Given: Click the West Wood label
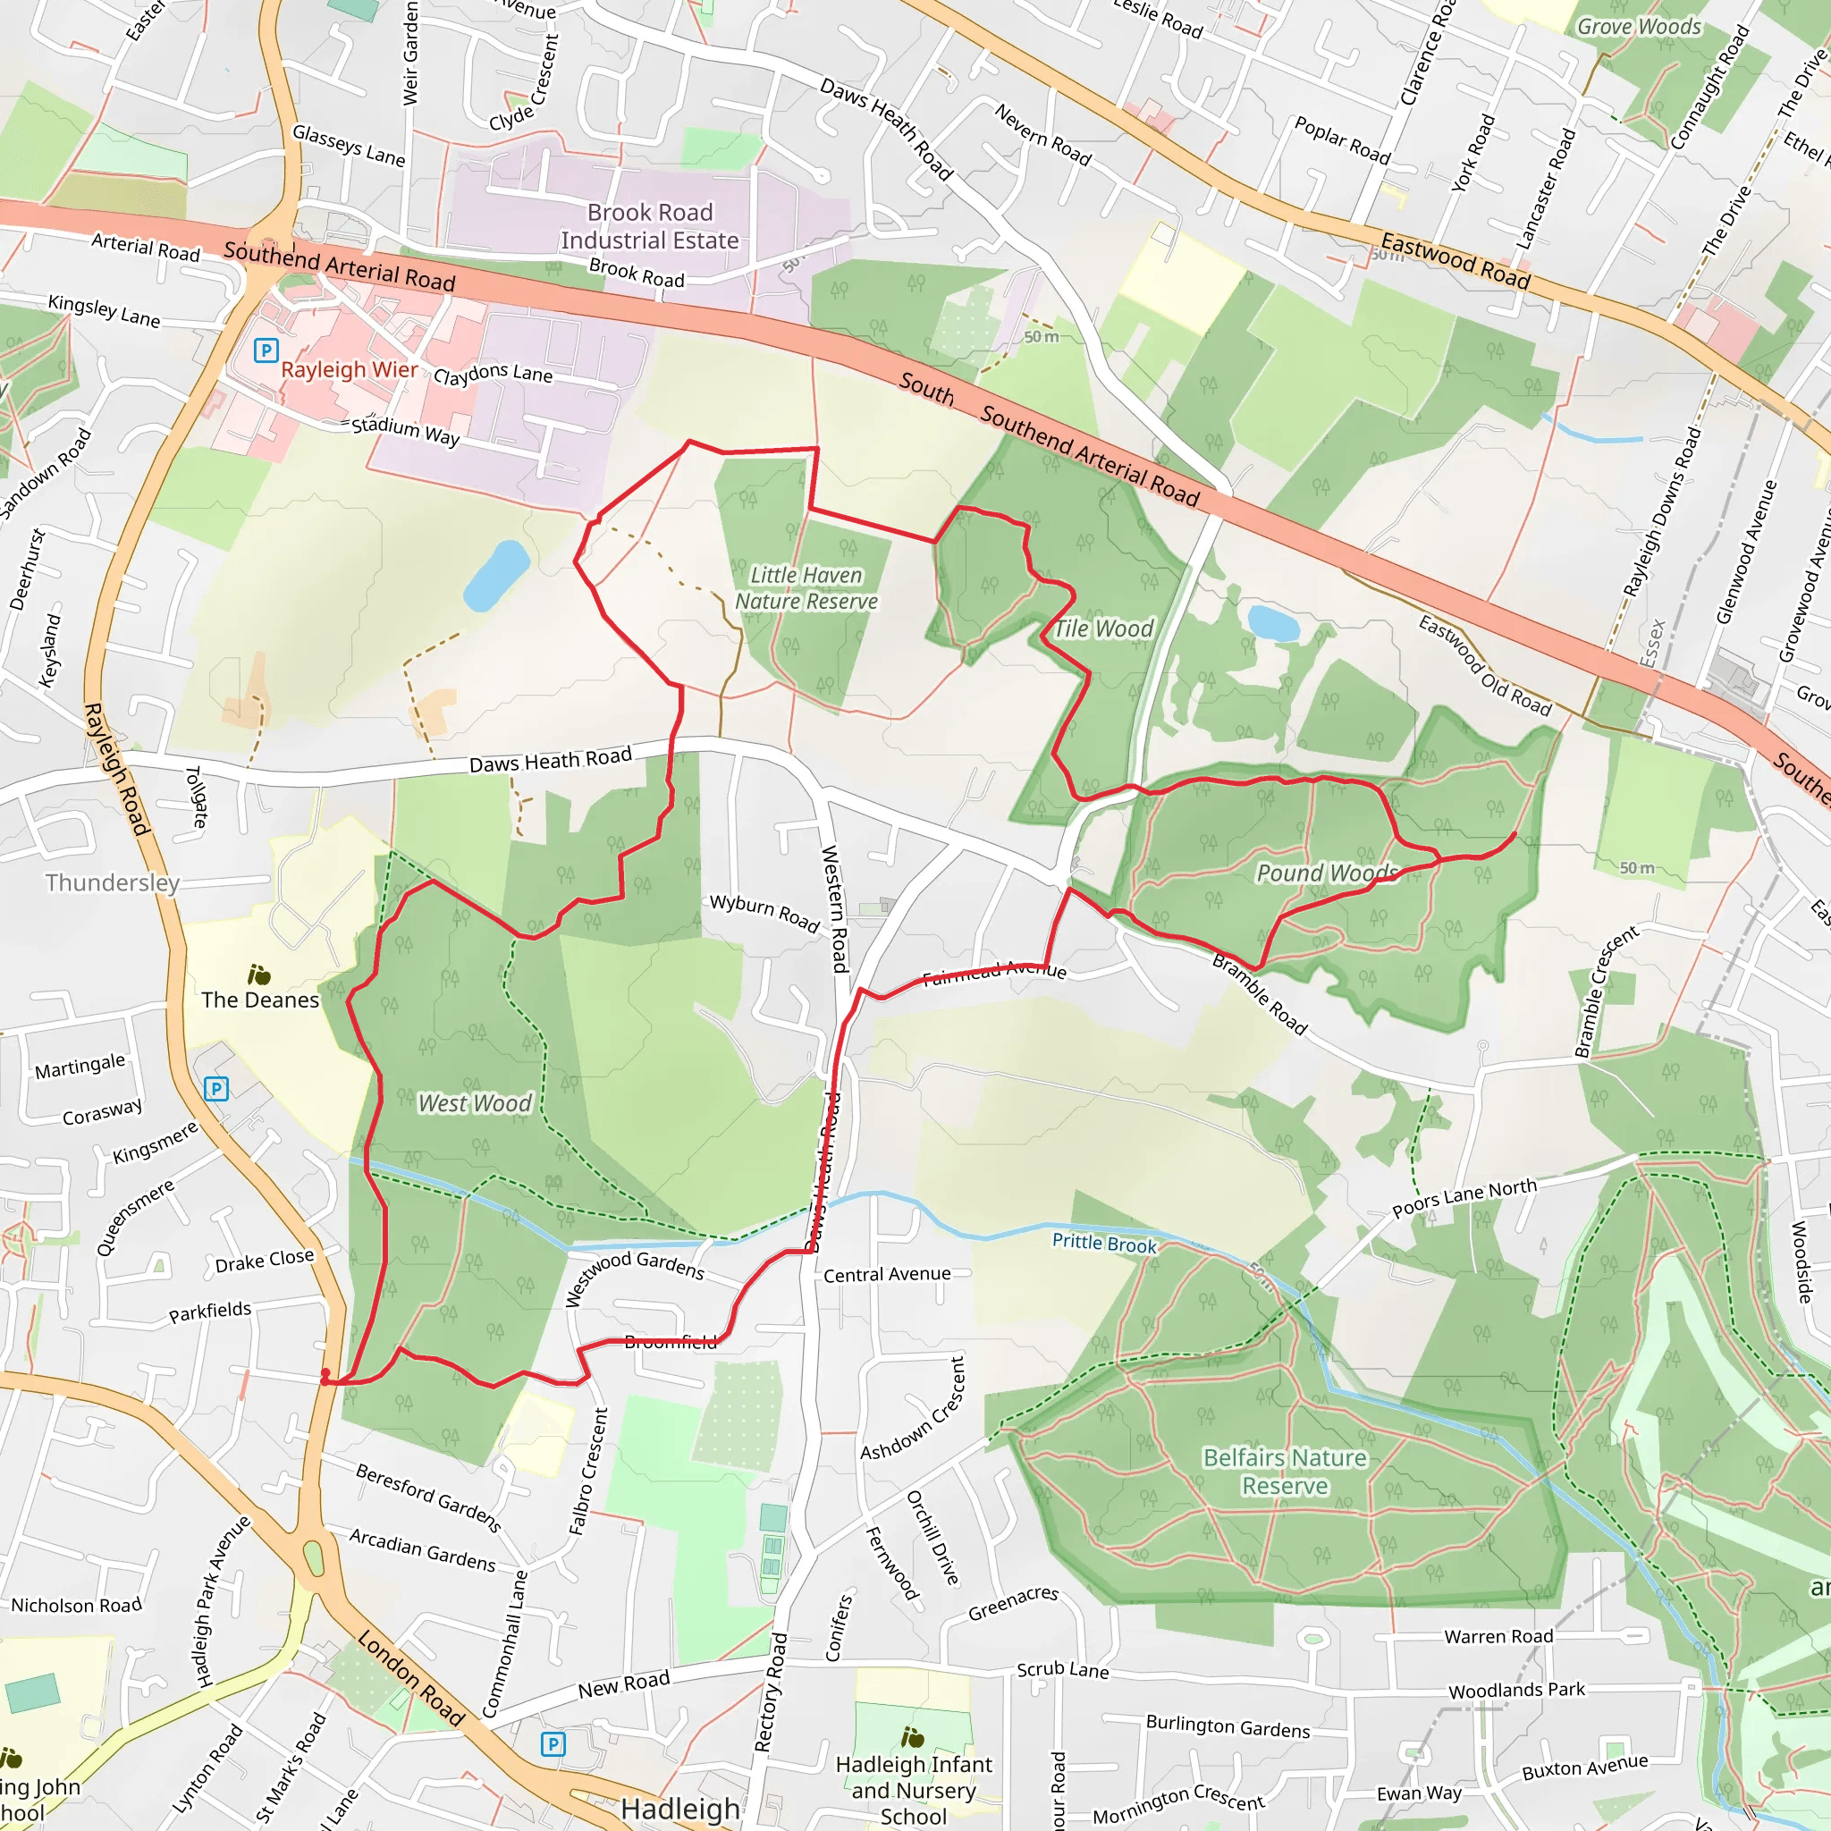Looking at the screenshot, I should [475, 1103].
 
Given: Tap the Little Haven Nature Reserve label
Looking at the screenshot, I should [806, 588].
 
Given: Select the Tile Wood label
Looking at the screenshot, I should [1104, 629].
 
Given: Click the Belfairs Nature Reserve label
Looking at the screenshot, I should [1285, 1471].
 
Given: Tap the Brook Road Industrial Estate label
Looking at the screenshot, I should [649, 226].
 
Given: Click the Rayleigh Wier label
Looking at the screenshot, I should [349, 369].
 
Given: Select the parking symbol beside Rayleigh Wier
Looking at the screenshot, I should [266, 350].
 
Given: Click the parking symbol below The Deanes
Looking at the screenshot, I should [216, 1089].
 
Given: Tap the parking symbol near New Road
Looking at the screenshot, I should [553, 1743].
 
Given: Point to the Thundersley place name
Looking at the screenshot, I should [113, 883].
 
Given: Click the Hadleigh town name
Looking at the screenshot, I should [679, 1809].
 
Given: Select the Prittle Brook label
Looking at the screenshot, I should [1104, 1243].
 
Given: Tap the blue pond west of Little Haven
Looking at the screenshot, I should [495, 575].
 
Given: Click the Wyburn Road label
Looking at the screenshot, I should [764, 913].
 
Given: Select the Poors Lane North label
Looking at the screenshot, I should [1464, 1197].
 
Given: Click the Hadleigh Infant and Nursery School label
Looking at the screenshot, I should [914, 1789].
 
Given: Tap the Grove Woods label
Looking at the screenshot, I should [1639, 27].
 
